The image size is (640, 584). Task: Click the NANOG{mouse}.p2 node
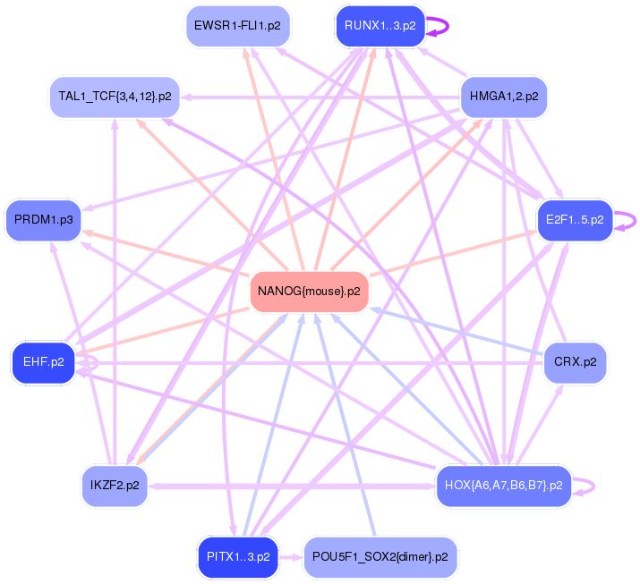[310, 292]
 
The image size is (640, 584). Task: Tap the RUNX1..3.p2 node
[380, 25]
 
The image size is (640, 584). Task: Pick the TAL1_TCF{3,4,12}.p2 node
[115, 96]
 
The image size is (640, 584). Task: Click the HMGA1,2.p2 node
[503, 96]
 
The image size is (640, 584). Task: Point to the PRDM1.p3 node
[44, 219]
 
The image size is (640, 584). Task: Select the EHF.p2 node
[43, 362]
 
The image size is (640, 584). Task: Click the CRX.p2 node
[575, 362]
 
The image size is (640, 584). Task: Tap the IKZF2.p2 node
[115, 486]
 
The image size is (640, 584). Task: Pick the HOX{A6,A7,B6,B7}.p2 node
[503, 486]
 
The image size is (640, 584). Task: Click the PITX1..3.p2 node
[237, 556]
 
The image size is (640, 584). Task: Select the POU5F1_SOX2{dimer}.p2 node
[380, 556]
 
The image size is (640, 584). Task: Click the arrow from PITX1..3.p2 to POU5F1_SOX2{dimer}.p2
[290, 556]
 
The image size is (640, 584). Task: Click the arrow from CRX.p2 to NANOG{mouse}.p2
[457, 332]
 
